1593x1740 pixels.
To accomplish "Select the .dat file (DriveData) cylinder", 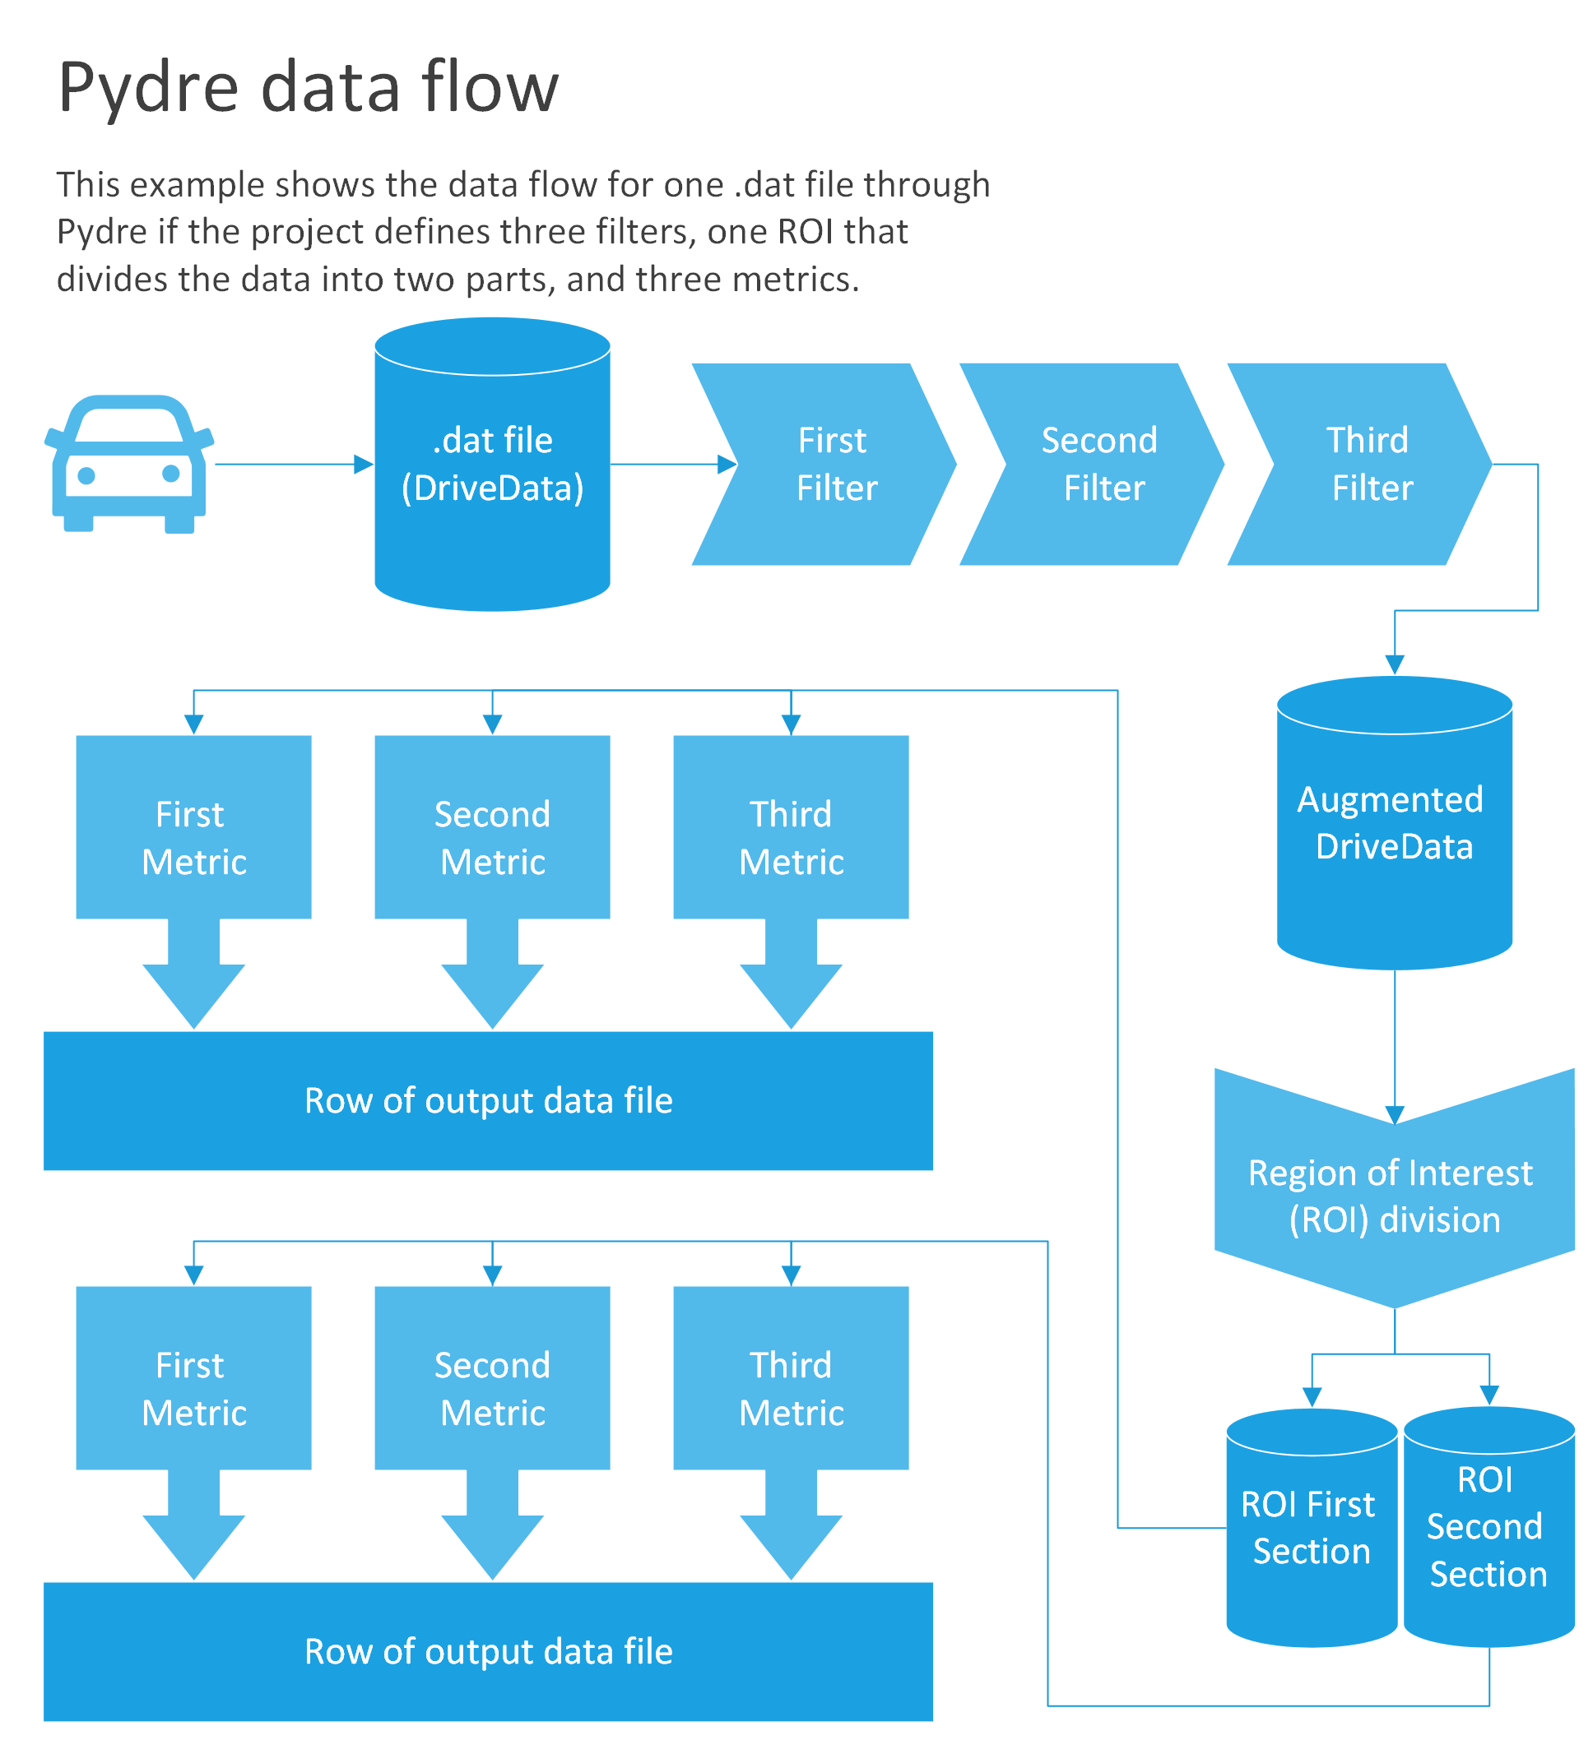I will click(493, 466).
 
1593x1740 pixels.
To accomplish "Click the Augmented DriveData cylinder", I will click(1396, 824).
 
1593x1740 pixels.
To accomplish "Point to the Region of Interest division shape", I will click(1396, 1196).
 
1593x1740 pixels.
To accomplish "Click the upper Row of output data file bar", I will click(489, 1101).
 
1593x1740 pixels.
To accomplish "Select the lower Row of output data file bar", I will click(489, 1652).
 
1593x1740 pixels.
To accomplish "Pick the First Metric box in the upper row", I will click(194, 828).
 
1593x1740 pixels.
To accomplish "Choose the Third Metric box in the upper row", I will click(792, 828).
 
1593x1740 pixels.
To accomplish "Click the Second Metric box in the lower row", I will click(493, 1378).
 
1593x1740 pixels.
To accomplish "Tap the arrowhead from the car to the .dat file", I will click(365, 465).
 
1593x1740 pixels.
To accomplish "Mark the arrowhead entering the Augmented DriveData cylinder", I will click(1396, 664).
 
